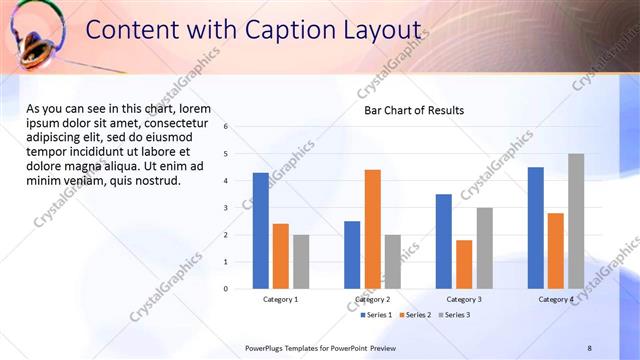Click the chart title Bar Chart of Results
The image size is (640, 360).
tap(413, 110)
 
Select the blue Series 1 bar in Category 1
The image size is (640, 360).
tap(260, 231)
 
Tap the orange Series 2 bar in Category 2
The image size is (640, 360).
tap(372, 229)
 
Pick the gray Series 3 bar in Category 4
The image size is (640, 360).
tap(576, 221)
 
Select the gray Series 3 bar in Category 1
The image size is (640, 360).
tap(301, 262)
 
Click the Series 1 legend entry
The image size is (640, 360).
tap(376, 315)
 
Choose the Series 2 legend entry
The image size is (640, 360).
tap(415, 315)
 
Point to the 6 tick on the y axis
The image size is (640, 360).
tap(227, 127)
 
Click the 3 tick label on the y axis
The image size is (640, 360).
tap(227, 208)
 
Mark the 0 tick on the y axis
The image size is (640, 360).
tap(227, 289)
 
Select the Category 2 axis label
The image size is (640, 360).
tap(372, 299)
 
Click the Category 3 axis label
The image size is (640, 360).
tap(464, 299)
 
